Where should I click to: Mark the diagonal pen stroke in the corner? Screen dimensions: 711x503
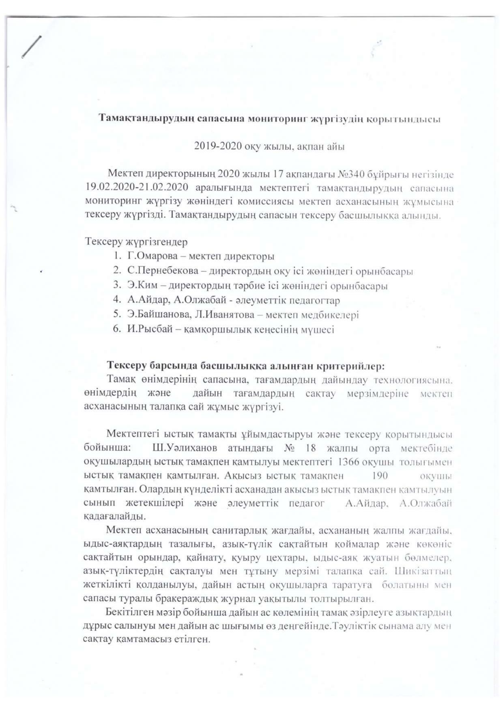pyautogui.click(x=32, y=47)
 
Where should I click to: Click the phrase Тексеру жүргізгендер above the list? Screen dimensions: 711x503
pyautogui.click(x=136, y=242)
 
